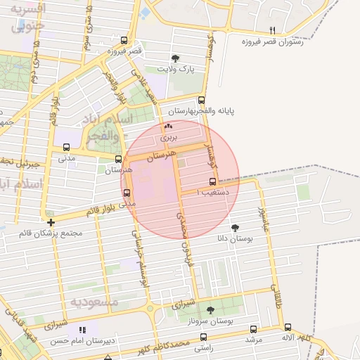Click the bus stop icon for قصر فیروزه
click(124, 40)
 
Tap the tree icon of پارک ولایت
click(175, 58)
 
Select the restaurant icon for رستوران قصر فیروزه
click(272, 30)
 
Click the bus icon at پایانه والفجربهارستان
click(202, 100)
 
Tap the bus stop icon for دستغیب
click(213, 181)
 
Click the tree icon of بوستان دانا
click(235, 228)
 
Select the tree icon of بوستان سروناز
click(210, 310)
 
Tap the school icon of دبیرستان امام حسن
click(82, 330)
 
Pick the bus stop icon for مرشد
click(253, 328)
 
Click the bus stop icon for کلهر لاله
click(288, 327)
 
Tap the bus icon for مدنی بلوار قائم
click(127, 194)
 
